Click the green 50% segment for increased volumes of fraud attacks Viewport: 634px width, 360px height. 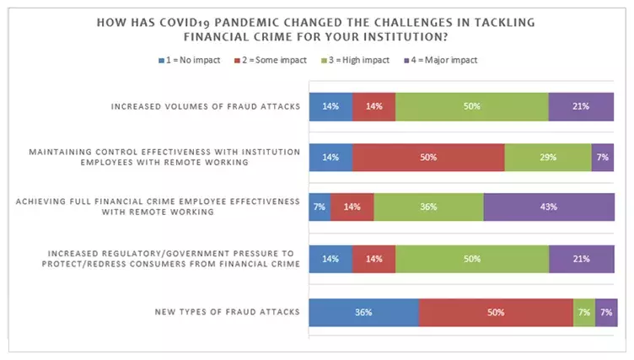point(472,107)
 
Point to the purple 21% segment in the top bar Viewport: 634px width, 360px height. point(581,107)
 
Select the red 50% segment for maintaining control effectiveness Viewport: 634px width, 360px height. point(428,158)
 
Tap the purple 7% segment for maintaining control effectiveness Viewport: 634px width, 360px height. point(602,158)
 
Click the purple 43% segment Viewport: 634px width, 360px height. point(549,207)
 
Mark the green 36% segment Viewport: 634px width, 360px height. point(428,207)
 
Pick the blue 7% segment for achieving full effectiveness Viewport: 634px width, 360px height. point(320,207)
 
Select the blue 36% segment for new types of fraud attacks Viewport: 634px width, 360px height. point(363,312)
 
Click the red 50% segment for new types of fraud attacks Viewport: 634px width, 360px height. point(495,312)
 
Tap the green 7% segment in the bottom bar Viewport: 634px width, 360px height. point(583,312)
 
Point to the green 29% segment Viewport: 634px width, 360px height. point(548,158)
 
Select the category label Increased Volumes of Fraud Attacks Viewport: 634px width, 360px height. point(207,107)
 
